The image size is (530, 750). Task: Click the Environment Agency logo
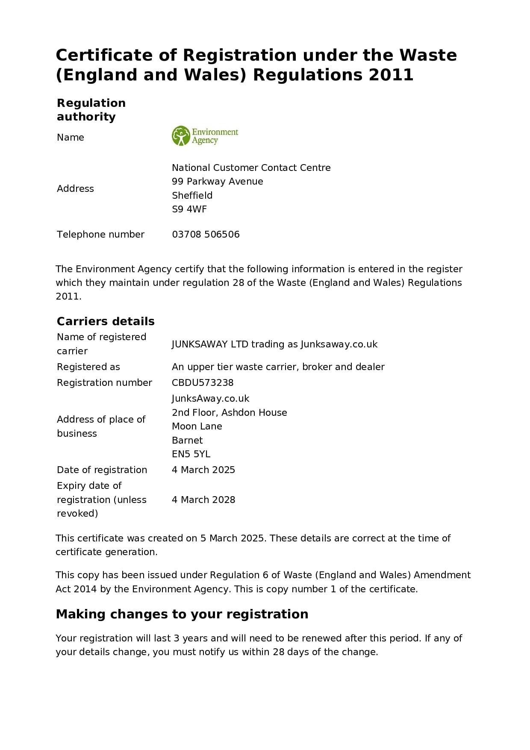205,136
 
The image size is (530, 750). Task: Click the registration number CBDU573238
203,382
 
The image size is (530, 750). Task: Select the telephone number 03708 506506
206,234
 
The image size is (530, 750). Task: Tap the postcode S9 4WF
189,209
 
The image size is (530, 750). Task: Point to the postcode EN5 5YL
191,454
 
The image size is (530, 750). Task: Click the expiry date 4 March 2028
203,500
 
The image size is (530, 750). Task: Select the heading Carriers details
106,321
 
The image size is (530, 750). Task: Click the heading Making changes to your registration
182,614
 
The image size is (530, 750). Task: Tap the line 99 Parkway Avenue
217,181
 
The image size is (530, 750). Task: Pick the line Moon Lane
197,426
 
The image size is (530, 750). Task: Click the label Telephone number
100,234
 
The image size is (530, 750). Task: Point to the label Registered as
88,367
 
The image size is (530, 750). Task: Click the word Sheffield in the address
192,195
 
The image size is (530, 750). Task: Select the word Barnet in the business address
187,440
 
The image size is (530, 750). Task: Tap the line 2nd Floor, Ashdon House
229,412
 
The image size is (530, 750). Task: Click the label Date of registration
102,470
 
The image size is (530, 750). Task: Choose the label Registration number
104,382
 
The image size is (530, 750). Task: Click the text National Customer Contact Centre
251,168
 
